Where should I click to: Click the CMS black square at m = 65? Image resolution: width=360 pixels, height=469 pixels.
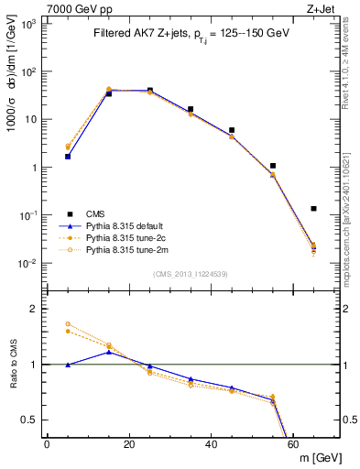313,209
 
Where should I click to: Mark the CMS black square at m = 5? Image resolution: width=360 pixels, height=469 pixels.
68,157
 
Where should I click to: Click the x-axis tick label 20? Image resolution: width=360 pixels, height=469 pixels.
129,443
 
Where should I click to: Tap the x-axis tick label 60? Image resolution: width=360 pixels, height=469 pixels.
293,443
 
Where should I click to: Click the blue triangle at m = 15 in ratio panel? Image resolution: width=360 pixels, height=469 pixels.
109,352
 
